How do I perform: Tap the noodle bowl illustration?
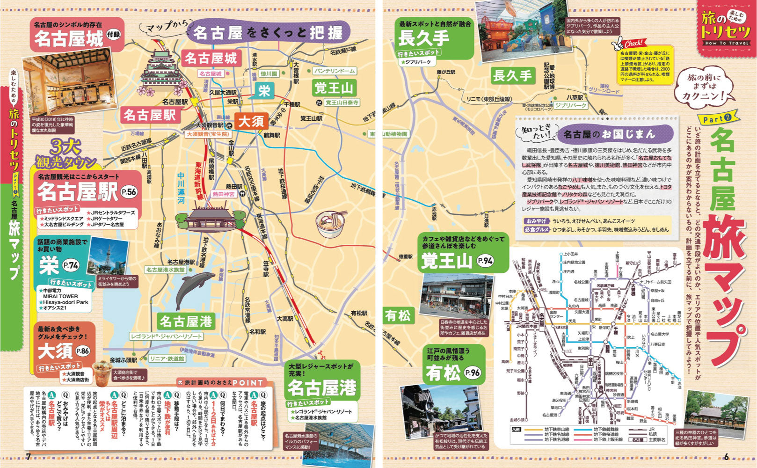pos(331,224)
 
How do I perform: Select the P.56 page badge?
pos(129,191)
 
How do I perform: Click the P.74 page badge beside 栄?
pos(71,265)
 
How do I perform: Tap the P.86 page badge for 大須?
pos(82,351)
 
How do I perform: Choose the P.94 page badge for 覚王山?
pos(485,261)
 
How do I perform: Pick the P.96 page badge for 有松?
pos(472,373)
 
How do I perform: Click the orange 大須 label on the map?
pos(252,121)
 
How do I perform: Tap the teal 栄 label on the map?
pos(264,90)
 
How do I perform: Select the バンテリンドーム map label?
pos(334,71)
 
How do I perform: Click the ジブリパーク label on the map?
pos(571,106)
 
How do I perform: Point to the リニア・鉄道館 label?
pos(167,358)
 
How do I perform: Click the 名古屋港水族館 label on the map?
pos(165,270)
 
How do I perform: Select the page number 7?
pos(28,457)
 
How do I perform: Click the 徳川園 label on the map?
pos(269,73)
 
